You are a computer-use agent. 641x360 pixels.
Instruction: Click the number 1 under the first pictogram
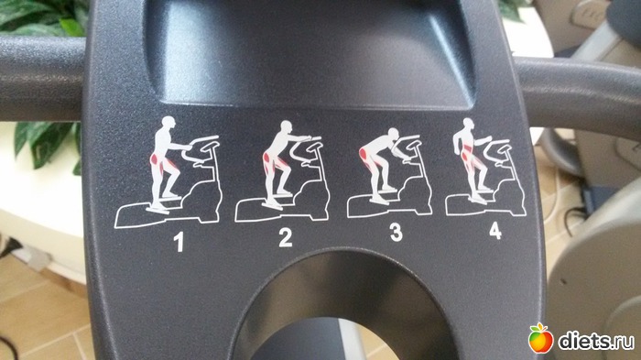[179, 241]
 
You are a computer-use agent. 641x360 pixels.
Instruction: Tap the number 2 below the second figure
[286, 237]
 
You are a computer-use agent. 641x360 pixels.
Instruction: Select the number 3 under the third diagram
[397, 232]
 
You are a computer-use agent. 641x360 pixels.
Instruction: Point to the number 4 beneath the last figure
[495, 230]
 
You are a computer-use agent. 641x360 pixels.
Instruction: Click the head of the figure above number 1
[168, 123]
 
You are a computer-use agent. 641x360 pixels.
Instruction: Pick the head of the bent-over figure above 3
[393, 134]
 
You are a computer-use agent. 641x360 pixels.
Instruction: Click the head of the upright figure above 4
[469, 125]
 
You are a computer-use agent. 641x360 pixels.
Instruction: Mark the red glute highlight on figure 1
[155, 158]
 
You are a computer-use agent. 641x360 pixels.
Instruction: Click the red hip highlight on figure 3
[363, 155]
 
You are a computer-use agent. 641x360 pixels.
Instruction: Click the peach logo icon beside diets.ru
[540, 338]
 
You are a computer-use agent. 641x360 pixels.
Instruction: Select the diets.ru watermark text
[596, 341]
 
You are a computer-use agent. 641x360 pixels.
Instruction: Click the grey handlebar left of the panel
[42, 79]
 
